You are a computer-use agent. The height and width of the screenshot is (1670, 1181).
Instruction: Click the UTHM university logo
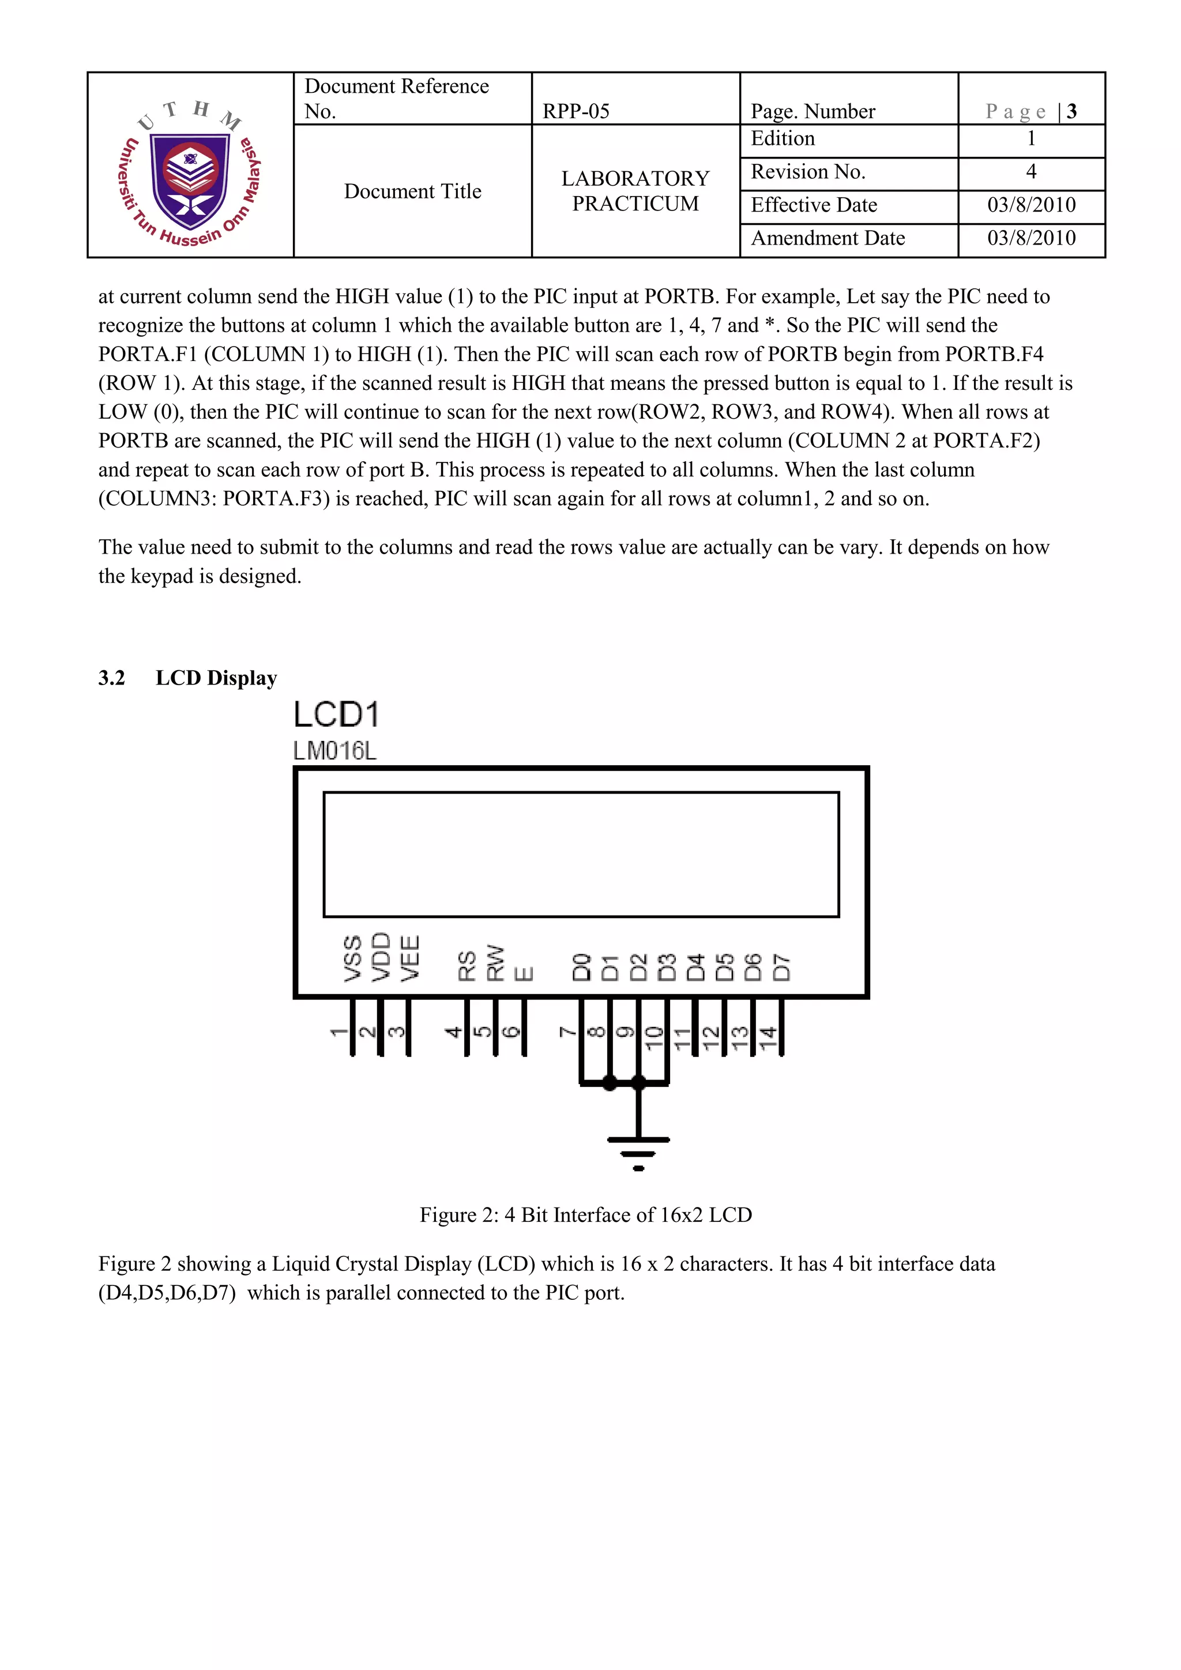[190, 173]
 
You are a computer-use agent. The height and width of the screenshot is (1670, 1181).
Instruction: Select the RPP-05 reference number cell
[576, 111]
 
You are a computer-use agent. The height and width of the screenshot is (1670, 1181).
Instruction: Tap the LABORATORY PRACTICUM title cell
[635, 190]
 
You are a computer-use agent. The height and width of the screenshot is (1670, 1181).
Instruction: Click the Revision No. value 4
[1030, 172]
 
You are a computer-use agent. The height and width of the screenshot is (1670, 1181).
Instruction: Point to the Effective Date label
[814, 205]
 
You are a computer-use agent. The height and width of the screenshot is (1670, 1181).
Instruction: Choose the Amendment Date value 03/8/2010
[1031, 238]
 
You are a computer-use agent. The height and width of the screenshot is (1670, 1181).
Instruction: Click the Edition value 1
[1030, 138]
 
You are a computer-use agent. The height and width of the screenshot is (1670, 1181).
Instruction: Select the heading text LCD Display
[216, 678]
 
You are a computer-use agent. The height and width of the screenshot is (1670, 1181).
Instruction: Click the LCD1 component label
[336, 715]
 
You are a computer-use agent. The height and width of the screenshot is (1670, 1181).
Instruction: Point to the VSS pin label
[353, 958]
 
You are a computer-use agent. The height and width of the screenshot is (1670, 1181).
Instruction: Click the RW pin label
[495, 962]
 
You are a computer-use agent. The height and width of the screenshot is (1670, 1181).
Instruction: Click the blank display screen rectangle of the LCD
[581, 854]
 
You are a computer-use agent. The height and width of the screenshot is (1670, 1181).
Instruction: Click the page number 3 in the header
[1071, 111]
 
